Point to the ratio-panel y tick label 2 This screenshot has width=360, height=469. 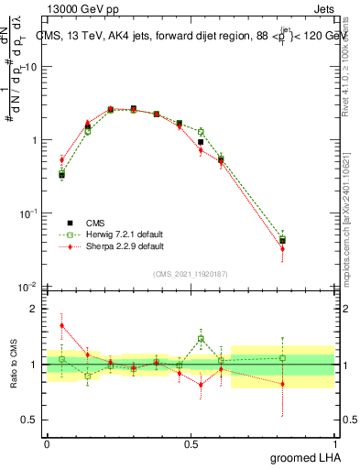click(x=36, y=309)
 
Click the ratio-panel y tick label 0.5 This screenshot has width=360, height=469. click(x=30, y=420)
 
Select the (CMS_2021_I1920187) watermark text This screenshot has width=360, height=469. click(x=191, y=273)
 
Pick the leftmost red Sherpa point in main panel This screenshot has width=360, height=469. click(x=61, y=159)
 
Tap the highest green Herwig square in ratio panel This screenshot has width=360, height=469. click(x=201, y=338)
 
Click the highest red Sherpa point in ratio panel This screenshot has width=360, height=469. click(x=61, y=325)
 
